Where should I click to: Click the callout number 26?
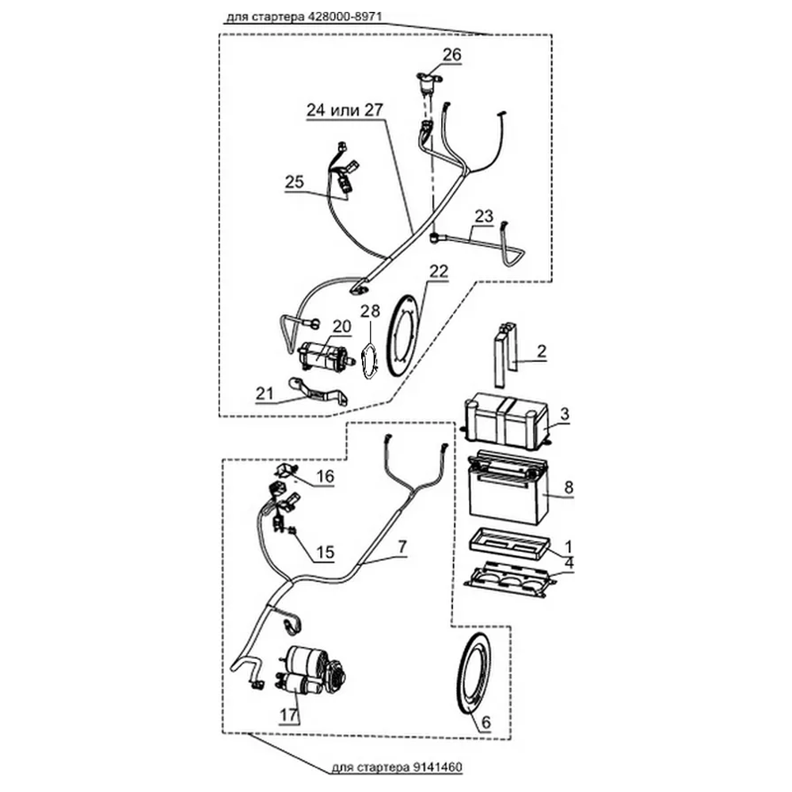(x=452, y=55)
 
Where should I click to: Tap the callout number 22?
(x=439, y=271)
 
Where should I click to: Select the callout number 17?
(x=289, y=715)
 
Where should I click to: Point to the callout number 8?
(x=569, y=487)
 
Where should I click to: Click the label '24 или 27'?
(x=345, y=110)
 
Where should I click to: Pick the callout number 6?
(x=486, y=723)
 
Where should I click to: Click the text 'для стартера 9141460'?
(x=397, y=767)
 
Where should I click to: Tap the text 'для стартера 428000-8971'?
(x=303, y=17)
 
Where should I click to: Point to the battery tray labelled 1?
(x=509, y=543)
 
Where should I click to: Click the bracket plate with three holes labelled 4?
(x=510, y=580)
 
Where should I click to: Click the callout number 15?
(x=326, y=552)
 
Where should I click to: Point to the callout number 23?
(x=483, y=216)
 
